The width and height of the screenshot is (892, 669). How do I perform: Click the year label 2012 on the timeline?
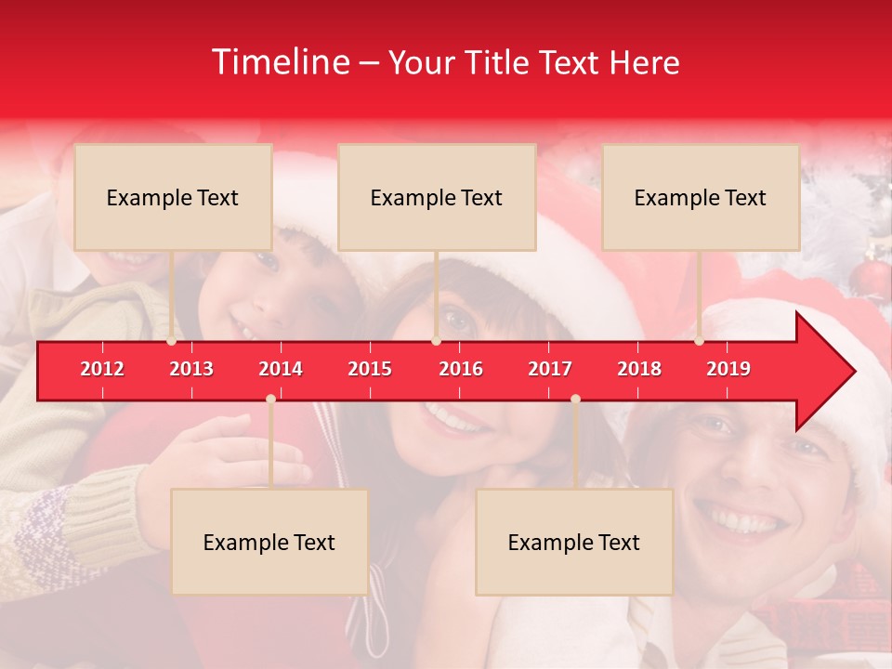[x=102, y=369]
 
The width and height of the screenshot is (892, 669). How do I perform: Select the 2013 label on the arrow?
[x=191, y=369]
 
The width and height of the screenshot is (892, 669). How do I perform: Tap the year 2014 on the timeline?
[x=281, y=369]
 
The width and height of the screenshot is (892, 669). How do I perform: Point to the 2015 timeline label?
[x=370, y=369]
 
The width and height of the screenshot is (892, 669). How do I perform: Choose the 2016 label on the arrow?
[x=461, y=369]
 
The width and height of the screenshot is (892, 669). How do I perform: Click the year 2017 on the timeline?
[x=550, y=369]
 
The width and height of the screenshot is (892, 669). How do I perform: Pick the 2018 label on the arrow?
[x=639, y=369]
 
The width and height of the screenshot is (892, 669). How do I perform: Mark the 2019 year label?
[x=728, y=369]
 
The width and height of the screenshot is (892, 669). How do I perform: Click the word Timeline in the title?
[x=279, y=62]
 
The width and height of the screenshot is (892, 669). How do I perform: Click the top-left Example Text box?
[x=173, y=197]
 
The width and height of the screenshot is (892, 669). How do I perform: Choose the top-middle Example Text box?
[x=437, y=197]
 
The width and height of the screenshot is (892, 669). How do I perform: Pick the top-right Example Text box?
[x=701, y=197]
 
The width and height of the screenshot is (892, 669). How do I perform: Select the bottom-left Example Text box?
[x=269, y=542]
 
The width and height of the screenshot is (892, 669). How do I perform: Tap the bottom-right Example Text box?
[x=574, y=542]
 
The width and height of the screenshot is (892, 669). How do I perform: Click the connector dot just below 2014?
[x=270, y=399]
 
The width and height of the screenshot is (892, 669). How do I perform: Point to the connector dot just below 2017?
[x=575, y=399]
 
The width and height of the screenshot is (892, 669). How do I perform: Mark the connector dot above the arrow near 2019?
[x=699, y=341]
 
